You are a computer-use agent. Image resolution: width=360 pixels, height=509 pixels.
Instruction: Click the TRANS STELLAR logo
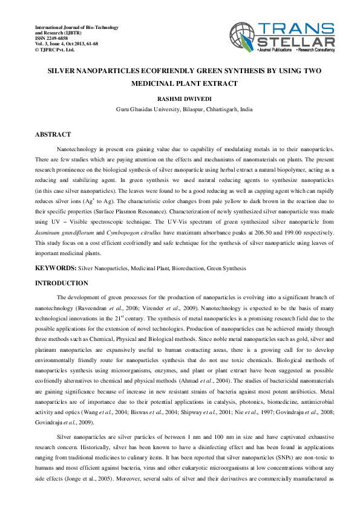282,37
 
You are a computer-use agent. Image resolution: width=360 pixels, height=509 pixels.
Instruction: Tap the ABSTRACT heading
53,134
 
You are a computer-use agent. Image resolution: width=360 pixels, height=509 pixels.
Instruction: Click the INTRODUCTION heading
62,284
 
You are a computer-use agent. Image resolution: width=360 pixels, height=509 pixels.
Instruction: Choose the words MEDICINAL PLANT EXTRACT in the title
184,84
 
